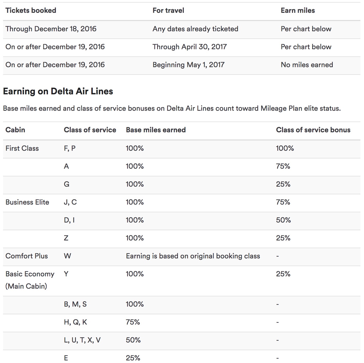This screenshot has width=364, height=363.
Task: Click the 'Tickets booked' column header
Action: click(x=31, y=11)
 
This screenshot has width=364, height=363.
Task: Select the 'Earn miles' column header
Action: click(x=298, y=11)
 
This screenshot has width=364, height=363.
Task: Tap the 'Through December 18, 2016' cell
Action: click(x=51, y=29)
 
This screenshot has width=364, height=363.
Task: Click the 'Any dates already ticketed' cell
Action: click(x=195, y=29)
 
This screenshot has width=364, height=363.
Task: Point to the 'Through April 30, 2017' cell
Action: click(x=189, y=47)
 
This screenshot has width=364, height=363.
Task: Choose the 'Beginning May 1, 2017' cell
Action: click(x=188, y=65)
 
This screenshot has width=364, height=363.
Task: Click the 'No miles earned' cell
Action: click(x=307, y=65)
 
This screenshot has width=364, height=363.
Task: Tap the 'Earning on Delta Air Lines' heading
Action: click(x=58, y=91)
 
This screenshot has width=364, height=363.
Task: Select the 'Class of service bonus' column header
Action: click(x=313, y=130)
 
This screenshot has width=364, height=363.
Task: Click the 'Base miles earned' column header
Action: click(x=156, y=130)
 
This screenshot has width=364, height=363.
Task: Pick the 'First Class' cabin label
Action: click(x=22, y=148)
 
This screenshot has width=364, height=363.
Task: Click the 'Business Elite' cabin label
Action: click(x=27, y=202)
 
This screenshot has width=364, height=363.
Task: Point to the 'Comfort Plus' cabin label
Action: click(x=27, y=256)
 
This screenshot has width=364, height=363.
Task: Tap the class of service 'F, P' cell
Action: click(x=69, y=148)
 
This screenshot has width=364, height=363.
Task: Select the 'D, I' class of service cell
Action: click(x=69, y=220)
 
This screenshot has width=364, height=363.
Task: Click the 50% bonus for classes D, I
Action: click(x=283, y=220)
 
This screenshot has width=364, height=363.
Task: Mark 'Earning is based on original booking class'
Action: click(x=193, y=256)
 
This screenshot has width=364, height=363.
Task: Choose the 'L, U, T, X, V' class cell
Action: click(x=82, y=340)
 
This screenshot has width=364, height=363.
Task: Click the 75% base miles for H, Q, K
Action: click(x=133, y=322)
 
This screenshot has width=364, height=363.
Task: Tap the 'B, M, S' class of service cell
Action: click(x=75, y=304)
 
